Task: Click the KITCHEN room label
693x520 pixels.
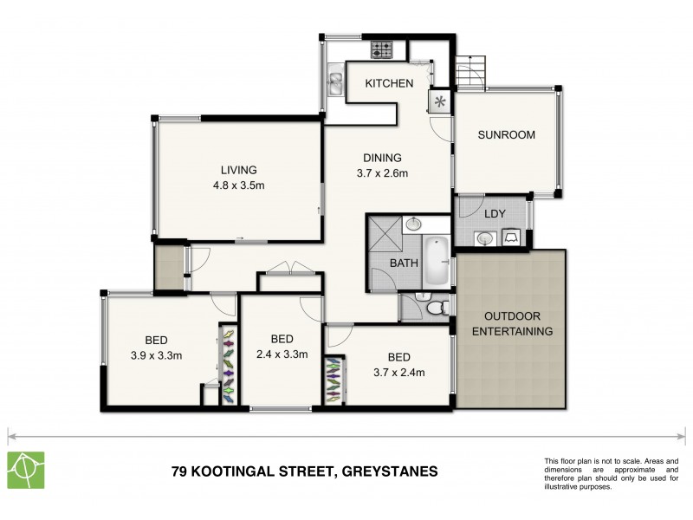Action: pyautogui.click(x=388, y=83)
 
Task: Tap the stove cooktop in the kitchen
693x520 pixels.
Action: pyautogui.click(x=383, y=49)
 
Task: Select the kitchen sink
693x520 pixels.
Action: pyautogui.click(x=334, y=81)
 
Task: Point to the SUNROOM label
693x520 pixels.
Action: pyautogui.click(x=507, y=134)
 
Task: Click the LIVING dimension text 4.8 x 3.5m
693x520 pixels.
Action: pyautogui.click(x=238, y=185)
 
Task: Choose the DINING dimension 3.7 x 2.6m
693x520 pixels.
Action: pyautogui.click(x=382, y=173)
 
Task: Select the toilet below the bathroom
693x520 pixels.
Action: pyautogui.click(x=437, y=306)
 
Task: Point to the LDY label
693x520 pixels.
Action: pyautogui.click(x=495, y=213)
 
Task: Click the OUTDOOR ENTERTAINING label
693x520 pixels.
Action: pyautogui.click(x=518, y=323)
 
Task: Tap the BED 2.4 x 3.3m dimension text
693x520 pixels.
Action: pyautogui.click(x=282, y=354)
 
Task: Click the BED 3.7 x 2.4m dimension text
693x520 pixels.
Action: pyautogui.click(x=398, y=373)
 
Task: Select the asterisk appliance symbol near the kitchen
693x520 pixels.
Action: pyautogui.click(x=440, y=103)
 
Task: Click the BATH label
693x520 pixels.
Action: pyautogui.click(x=404, y=263)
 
